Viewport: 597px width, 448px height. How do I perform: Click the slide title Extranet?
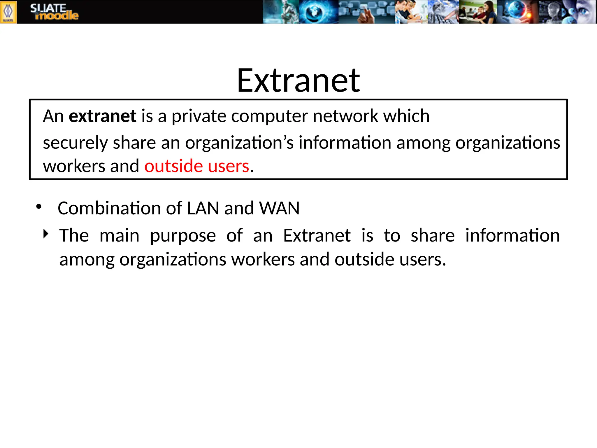click(298, 80)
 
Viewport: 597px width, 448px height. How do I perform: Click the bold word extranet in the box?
click(102, 116)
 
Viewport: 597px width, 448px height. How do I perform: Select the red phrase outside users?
click(197, 166)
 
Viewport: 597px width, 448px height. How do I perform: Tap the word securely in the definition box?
click(75, 143)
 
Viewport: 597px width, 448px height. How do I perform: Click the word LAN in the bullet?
click(203, 208)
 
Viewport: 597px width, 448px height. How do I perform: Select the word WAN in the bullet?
click(279, 208)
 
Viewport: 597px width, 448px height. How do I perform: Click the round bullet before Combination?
click(39, 207)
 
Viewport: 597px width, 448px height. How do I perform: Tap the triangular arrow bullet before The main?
click(46, 234)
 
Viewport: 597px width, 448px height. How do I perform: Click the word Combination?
click(109, 208)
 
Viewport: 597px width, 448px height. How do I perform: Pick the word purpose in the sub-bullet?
click(183, 236)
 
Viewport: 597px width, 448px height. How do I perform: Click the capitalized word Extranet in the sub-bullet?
click(317, 235)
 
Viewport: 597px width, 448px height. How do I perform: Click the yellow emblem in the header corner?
click(8, 12)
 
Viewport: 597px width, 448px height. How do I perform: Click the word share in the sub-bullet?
click(433, 235)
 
